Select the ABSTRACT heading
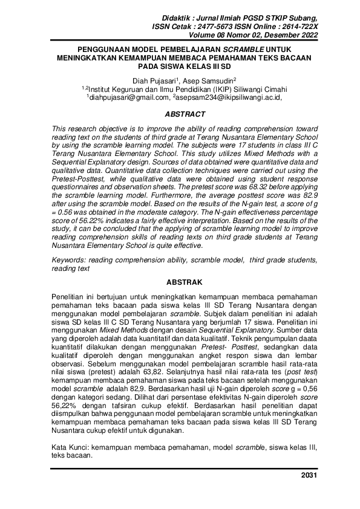click(x=180, y=114)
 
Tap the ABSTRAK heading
click(x=180, y=282)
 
